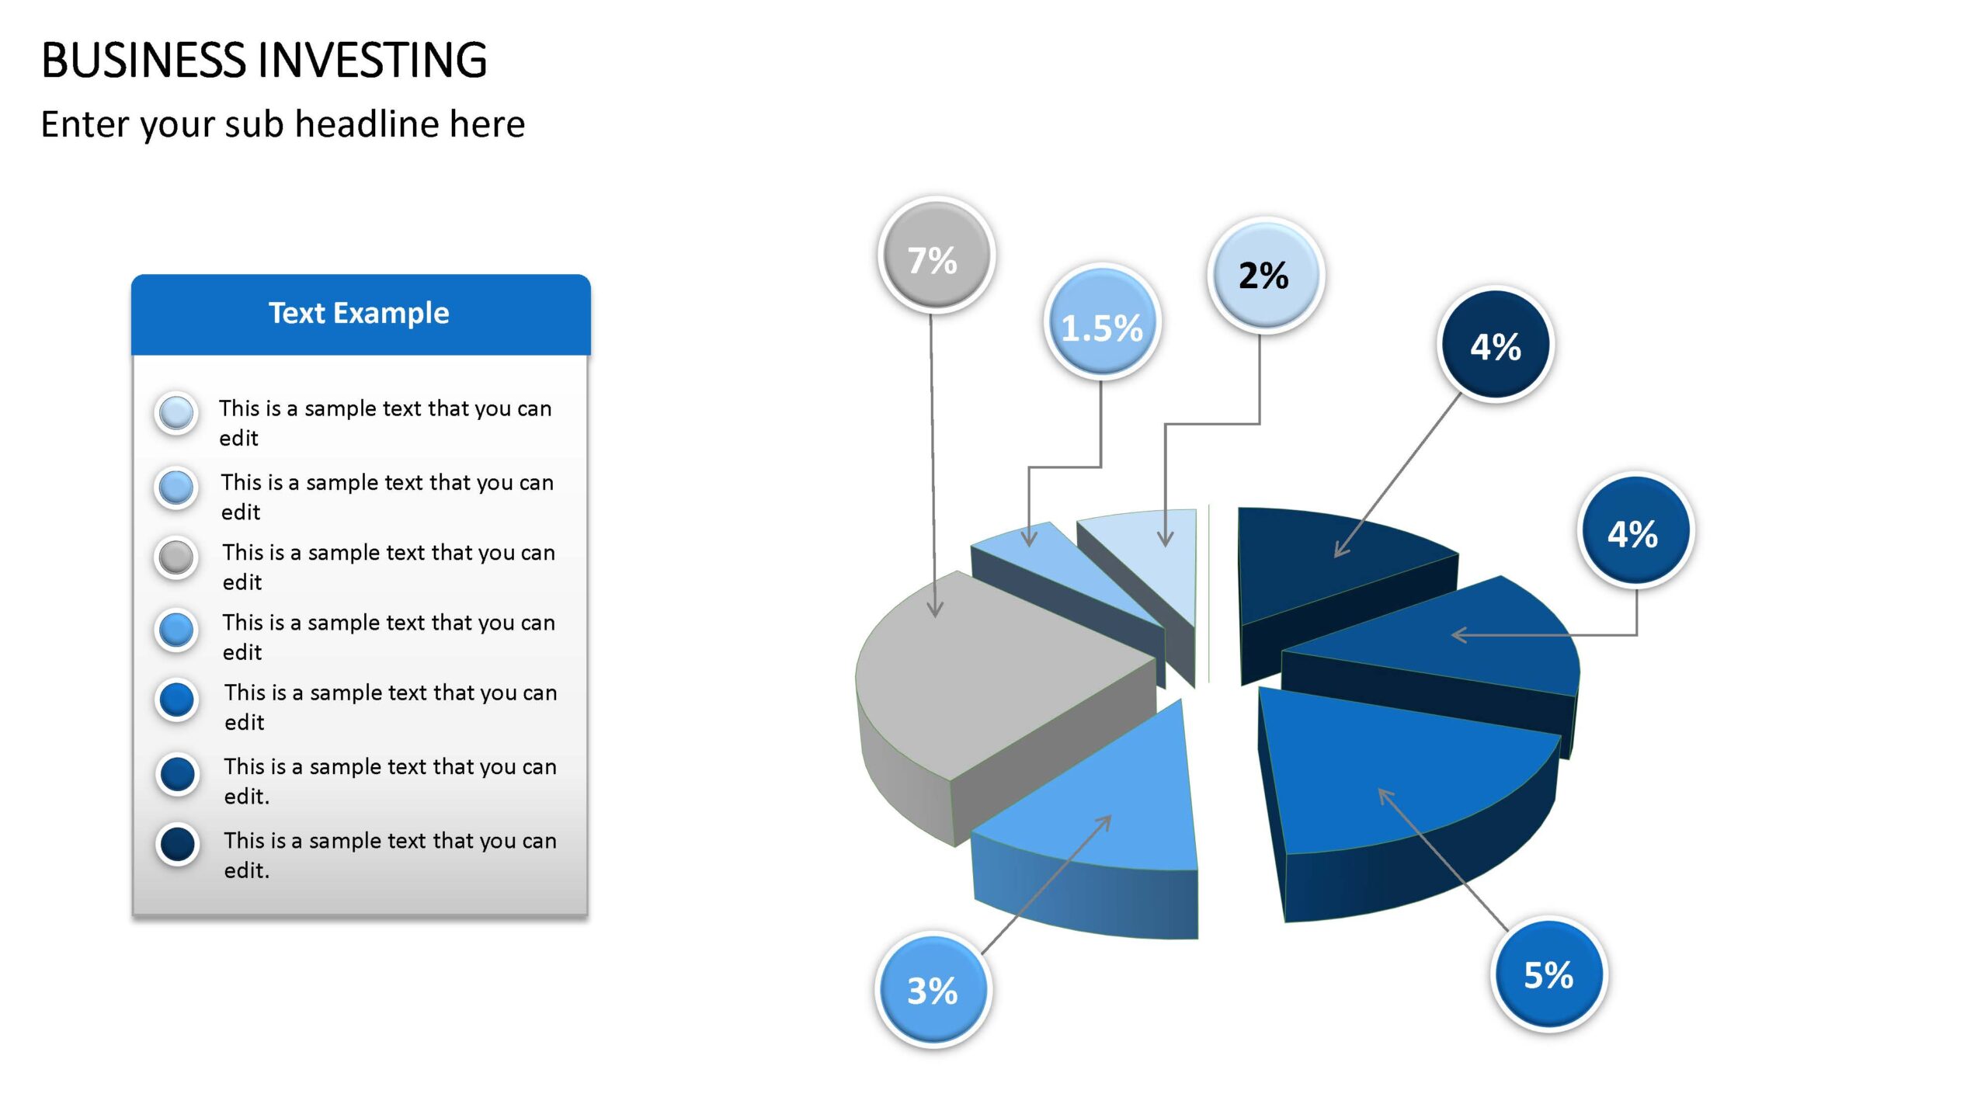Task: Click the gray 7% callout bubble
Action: pyautogui.click(x=937, y=255)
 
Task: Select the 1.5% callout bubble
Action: pyautogui.click(x=1102, y=322)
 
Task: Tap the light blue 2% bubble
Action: pyautogui.click(x=1266, y=276)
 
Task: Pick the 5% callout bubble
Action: pyautogui.click(x=1549, y=974)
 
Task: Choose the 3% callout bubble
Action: pyautogui.click(x=933, y=990)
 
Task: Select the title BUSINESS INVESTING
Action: pyautogui.click(x=264, y=60)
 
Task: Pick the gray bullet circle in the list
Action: pyautogui.click(x=176, y=557)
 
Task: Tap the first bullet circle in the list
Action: pyautogui.click(x=176, y=413)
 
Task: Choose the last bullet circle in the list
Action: pyautogui.click(x=178, y=845)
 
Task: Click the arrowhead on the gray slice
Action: pyautogui.click(x=935, y=609)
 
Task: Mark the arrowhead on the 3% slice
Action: pyautogui.click(x=1104, y=822)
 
